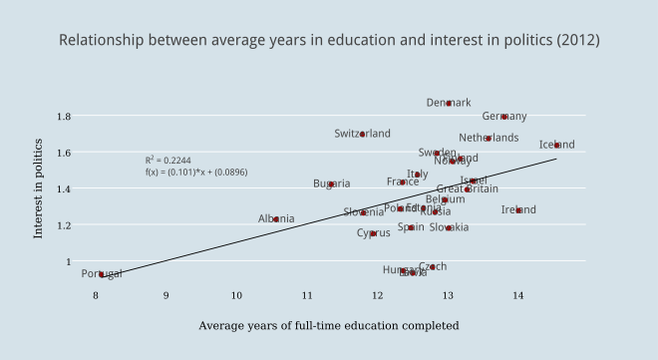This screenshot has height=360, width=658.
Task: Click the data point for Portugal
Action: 102,274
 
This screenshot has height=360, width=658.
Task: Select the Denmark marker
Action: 449,103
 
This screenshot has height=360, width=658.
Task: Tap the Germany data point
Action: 504,117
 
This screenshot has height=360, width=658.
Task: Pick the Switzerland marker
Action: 363,134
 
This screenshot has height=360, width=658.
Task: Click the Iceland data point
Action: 556,145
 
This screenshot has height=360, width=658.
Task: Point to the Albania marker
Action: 276,219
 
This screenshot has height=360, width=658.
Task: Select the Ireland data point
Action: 518,210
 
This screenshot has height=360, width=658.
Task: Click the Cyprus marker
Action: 374,233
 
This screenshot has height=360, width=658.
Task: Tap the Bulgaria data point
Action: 331,184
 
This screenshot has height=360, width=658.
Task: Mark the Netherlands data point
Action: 489,139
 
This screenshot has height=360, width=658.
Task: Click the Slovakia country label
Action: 450,227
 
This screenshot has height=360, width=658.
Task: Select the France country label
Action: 403,182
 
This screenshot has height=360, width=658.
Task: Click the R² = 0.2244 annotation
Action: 167,160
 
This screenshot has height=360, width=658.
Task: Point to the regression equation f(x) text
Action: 196,172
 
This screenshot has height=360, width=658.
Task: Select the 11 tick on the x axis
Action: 307,295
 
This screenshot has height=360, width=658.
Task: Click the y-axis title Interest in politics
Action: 38,188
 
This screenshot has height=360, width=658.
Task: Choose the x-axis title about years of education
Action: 329,325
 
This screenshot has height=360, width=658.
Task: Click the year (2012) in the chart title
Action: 578,41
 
